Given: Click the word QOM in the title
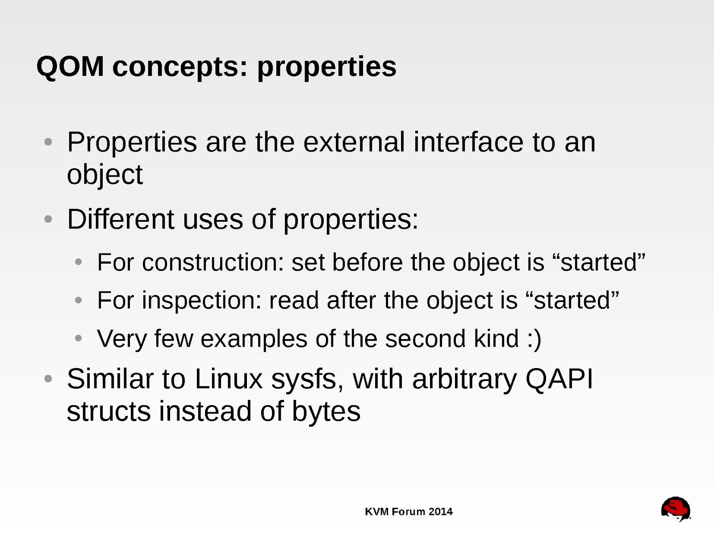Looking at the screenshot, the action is click(70, 67).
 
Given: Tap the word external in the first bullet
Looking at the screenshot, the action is click(354, 142).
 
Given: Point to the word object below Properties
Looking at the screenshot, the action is click(105, 175).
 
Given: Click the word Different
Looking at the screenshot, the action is click(121, 219).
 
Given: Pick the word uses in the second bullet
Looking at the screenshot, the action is click(213, 221).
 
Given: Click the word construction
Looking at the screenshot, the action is click(213, 262).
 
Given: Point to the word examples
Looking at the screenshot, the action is click(254, 339).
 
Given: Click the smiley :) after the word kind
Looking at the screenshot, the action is click(534, 339).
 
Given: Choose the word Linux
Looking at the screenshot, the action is click(229, 379).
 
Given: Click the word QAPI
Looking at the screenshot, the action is click(559, 379).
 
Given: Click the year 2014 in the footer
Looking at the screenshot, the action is click(440, 512).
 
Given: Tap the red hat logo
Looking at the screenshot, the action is click(676, 509).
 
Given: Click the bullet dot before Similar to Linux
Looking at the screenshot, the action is click(48, 379).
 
